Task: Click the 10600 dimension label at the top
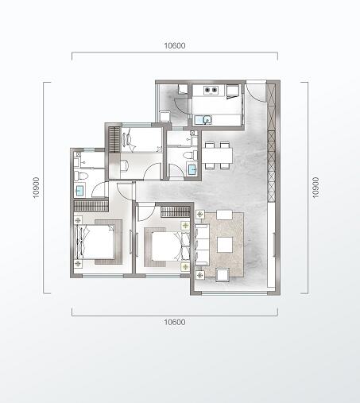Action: coord(175,45)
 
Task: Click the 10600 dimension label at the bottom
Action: coord(175,322)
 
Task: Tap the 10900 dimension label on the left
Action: coord(36,188)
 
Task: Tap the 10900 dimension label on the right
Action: coord(315,188)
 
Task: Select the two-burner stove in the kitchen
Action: coord(211,91)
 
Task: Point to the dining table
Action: coord(217,156)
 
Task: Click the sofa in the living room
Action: coord(202,244)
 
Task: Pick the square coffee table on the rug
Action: coord(225,245)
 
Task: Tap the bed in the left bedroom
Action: coord(95,242)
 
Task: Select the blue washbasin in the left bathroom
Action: coord(79,190)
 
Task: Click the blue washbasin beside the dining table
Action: coord(192,169)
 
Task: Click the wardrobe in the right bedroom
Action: coord(176,212)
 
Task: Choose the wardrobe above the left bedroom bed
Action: coord(91,206)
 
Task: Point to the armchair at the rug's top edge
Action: coord(224,215)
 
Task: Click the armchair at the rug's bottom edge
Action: coord(223,275)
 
